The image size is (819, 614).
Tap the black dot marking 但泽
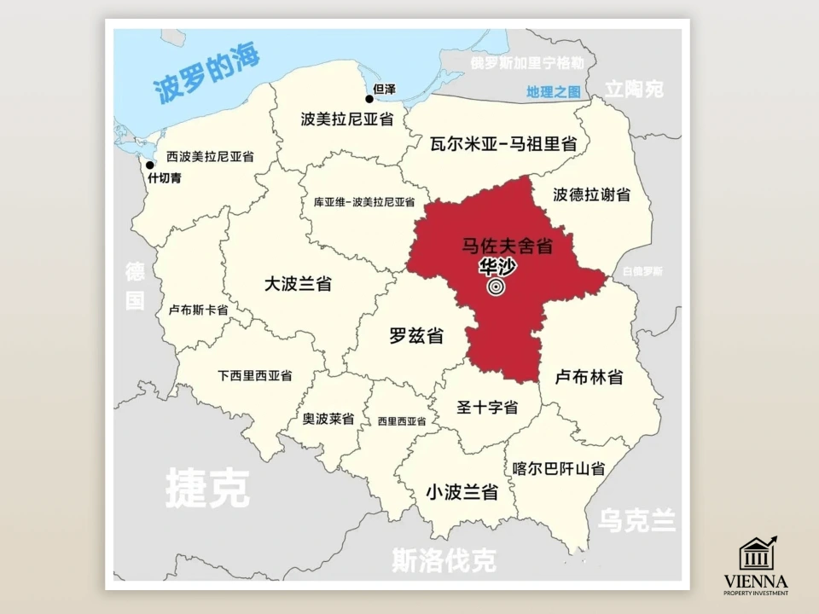click(x=369, y=99)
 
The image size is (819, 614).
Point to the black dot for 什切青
click(x=150, y=165)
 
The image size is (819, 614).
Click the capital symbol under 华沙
click(x=497, y=287)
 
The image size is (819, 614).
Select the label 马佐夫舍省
click(x=508, y=246)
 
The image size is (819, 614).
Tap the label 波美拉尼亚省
click(x=347, y=119)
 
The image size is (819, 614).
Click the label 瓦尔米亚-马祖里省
click(x=503, y=143)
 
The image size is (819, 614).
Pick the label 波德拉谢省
click(x=591, y=195)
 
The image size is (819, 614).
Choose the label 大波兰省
click(x=298, y=284)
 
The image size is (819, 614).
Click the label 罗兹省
click(x=416, y=336)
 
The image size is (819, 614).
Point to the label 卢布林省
click(x=589, y=376)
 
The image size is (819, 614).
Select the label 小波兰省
click(x=462, y=492)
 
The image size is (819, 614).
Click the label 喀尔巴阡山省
click(x=559, y=468)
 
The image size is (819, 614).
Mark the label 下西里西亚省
click(x=255, y=375)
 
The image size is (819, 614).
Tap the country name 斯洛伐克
click(x=444, y=561)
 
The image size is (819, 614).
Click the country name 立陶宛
click(x=634, y=89)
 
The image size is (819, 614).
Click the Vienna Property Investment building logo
click(x=757, y=552)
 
